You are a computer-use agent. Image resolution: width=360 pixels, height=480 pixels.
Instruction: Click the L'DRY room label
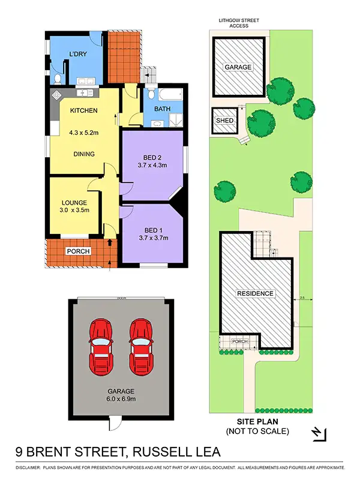coord(78,55)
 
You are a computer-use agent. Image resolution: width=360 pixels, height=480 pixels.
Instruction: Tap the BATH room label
coord(162,109)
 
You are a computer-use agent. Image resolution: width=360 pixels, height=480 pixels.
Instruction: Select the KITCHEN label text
coord(84,110)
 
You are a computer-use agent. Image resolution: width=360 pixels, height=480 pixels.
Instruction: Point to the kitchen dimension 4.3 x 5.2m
coord(84,132)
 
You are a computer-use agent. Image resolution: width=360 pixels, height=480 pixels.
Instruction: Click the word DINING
coord(83,154)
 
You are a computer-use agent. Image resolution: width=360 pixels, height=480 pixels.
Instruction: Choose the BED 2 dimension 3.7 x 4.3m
coord(152,164)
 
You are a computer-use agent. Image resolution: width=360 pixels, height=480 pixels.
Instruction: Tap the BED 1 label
coord(153,230)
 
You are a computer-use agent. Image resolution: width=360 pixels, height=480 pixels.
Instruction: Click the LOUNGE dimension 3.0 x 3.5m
coord(74,211)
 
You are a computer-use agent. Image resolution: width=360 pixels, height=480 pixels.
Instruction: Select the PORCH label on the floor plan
coord(77,251)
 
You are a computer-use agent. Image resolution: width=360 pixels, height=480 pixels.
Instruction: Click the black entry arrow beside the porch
coord(110,243)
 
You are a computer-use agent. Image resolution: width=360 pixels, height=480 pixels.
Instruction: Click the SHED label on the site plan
coord(224,121)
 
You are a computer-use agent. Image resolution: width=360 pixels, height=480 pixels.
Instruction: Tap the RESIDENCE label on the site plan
coord(255,293)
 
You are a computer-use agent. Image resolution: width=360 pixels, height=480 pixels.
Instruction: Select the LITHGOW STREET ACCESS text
coord(239,23)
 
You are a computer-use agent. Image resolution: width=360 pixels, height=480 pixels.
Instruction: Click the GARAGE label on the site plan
coord(238,67)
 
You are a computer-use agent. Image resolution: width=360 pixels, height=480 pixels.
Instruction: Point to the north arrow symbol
coord(319,433)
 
